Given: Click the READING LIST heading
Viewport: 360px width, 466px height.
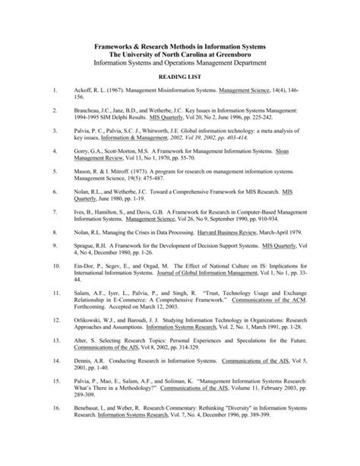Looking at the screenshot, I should coord(179,77).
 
